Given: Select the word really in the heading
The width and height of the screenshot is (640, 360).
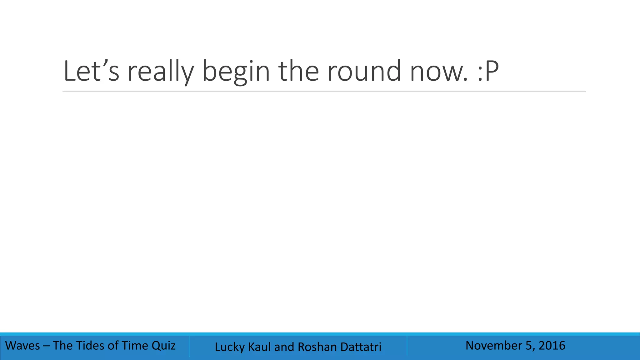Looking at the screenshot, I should click(161, 72).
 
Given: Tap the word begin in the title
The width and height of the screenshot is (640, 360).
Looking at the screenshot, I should click(236, 72).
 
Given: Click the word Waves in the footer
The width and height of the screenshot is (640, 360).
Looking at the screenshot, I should click(23, 346).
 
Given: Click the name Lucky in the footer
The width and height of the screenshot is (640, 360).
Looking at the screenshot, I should click(230, 347).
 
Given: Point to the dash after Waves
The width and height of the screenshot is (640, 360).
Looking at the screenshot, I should click(46, 346).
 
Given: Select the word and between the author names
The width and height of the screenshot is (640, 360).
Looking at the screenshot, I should click(284, 347).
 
